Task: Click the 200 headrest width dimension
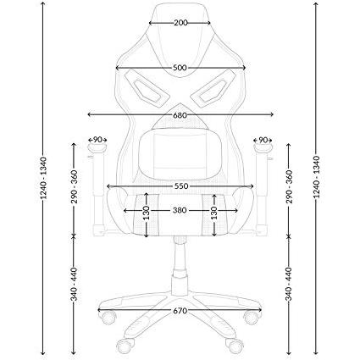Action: pos(180,23)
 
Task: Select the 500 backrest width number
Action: pos(180,68)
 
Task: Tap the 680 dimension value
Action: pos(180,115)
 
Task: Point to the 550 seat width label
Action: pos(181,186)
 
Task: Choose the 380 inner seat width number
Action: pos(180,210)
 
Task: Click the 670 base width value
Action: pos(180,311)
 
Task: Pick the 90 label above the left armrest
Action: pos(97,140)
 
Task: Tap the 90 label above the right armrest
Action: pos(263,140)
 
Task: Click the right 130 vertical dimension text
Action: pos(214,213)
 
